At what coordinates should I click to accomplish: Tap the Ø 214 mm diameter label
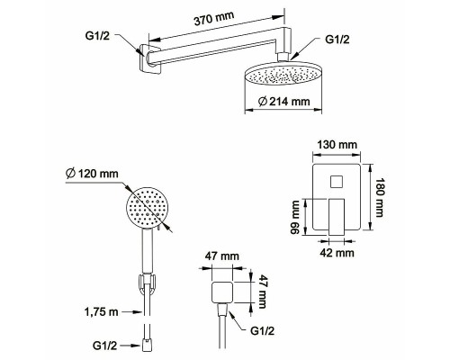tap(283, 102)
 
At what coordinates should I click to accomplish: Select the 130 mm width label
tap(337, 145)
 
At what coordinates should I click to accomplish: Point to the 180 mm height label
tap(380, 197)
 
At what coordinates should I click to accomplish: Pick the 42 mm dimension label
tap(337, 253)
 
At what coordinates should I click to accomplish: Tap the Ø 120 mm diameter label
tap(92, 174)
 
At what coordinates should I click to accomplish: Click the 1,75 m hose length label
tap(101, 312)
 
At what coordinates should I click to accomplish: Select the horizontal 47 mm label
tap(222, 256)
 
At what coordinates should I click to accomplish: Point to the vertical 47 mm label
tap(262, 292)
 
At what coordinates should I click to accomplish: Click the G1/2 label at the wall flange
tap(97, 36)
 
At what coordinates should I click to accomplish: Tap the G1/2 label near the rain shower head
tap(337, 40)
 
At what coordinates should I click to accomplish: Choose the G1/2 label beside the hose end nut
tap(104, 346)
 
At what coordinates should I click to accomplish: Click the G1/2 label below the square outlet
tap(262, 331)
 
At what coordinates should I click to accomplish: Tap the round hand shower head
tap(148, 209)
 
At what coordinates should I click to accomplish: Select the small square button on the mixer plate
tap(337, 182)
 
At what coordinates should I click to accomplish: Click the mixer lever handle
tap(337, 217)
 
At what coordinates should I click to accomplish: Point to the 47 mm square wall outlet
tap(222, 292)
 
